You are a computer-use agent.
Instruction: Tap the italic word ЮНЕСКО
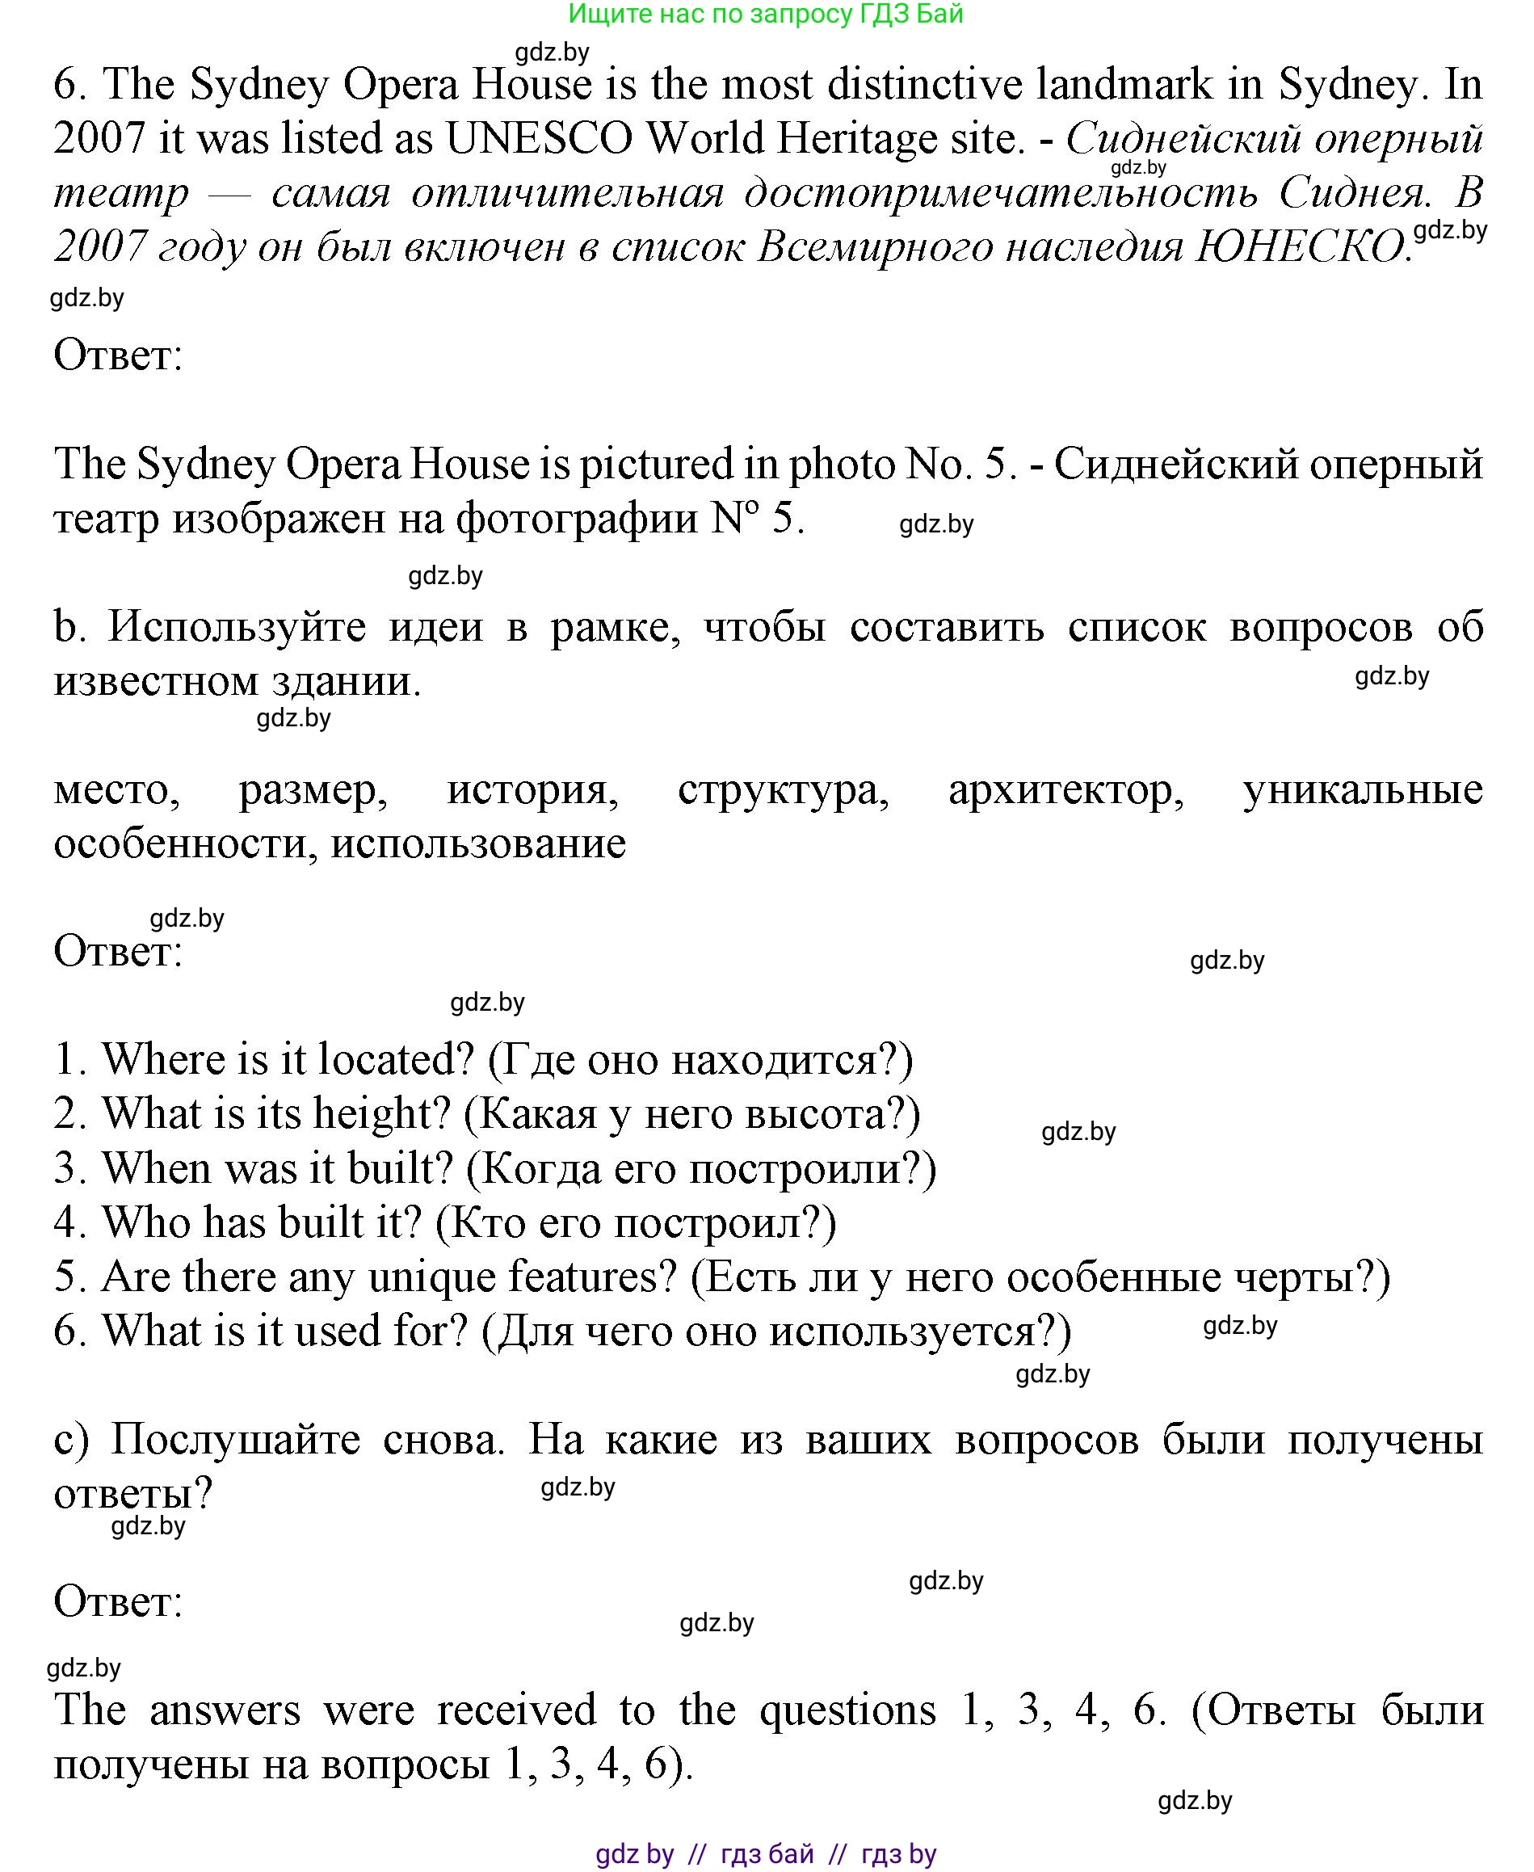coord(1300,247)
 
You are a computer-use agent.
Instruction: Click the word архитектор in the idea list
coord(1065,789)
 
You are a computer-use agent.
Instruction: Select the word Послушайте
coord(235,1440)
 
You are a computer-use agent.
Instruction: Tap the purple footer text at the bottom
coord(765,1853)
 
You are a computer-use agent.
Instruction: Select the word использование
coord(478,843)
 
